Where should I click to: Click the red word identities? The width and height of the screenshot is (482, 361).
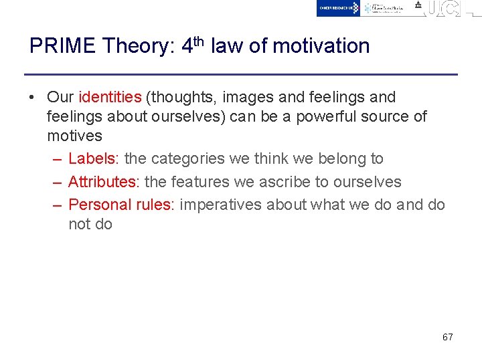[x=110, y=98]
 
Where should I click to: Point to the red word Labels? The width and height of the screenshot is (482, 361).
[x=92, y=159]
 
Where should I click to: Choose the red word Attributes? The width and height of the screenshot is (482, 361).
[x=102, y=182]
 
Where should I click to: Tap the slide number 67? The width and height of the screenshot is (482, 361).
[x=447, y=337]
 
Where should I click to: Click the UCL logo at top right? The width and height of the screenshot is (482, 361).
[x=442, y=9]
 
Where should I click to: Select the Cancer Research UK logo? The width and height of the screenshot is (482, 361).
[x=338, y=8]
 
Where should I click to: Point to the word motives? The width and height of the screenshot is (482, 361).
[x=74, y=136]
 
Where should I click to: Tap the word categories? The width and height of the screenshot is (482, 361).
[x=189, y=159]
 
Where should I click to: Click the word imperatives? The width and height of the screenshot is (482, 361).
[x=221, y=205]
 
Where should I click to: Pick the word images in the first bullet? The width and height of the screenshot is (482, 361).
[x=244, y=98]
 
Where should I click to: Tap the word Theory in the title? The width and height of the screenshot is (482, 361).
[x=138, y=46]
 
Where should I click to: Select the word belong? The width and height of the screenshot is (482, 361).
[x=340, y=159]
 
